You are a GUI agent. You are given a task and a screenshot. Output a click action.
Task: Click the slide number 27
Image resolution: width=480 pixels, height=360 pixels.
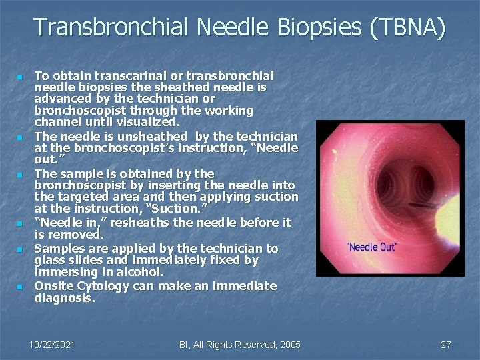[446, 345]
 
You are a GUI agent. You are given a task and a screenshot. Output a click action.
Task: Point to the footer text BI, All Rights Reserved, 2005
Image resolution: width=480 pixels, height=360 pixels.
[240, 345]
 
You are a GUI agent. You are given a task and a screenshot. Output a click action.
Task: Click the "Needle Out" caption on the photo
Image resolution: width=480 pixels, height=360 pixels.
[371, 247]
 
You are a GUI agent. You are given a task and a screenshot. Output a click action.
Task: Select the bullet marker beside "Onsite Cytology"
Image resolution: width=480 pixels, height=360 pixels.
[21, 287]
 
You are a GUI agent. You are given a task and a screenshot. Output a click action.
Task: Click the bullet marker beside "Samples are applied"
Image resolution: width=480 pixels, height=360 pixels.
[21, 249]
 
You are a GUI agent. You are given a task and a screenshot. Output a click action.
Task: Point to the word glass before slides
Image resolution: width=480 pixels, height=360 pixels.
[50, 260]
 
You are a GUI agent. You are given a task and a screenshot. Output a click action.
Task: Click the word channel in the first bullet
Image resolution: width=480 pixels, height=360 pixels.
[57, 122]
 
